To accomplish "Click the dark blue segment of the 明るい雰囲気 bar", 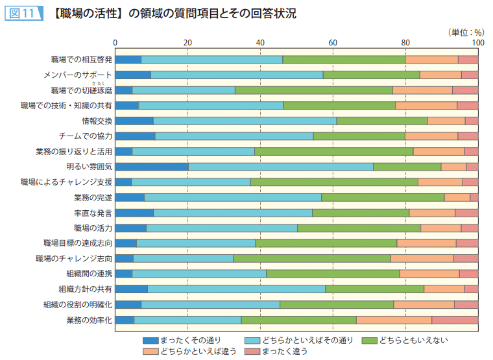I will click(152, 167).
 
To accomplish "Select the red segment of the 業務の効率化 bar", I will click(455, 320).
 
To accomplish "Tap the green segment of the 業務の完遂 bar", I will click(383, 197).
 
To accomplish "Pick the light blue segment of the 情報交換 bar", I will click(245, 121).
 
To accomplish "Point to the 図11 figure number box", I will click(22, 14).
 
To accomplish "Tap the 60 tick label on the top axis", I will click(333, 43).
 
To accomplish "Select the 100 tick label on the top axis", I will click(477, 43).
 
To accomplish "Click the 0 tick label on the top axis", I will click(115, 43).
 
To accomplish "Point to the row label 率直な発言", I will click(93, 213).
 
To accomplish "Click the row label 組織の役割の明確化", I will click(78, 304).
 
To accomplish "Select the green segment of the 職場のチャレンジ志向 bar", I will click(312, 258).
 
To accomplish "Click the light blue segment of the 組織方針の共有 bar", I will click(237, 289).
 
